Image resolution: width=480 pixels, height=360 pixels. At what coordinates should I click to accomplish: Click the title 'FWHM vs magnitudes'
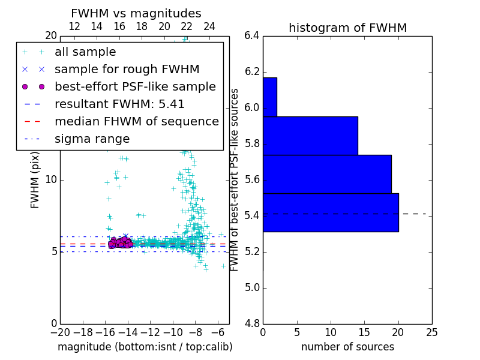(x=136, y=13)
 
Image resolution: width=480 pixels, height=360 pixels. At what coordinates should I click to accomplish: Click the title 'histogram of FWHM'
(x=347, y=28)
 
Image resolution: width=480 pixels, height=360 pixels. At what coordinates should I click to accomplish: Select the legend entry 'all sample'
(x=85, y=52)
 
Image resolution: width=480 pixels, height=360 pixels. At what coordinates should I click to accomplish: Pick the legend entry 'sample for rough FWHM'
(x=127, y=69)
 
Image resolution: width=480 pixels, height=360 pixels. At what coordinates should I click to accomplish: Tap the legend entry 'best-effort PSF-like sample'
(x=135, y=86)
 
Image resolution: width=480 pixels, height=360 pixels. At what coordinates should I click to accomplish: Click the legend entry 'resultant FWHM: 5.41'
(x=119, y=104)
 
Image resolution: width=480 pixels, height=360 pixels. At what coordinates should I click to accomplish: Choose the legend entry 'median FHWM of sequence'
(x=136, y=121)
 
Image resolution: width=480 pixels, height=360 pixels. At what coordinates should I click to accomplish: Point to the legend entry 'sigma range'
(x=92, y=139)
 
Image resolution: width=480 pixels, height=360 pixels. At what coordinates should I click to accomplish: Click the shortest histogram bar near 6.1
(x=269, y=97)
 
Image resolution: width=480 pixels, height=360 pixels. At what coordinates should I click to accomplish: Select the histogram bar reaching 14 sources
(x=310, y=136)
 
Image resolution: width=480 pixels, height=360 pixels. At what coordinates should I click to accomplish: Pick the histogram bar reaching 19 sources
(x=327, y=174)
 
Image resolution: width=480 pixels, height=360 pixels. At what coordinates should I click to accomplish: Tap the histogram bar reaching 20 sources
(x=331, y=212)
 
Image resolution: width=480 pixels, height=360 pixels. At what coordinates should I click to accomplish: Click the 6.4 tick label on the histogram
(x=252, y=36)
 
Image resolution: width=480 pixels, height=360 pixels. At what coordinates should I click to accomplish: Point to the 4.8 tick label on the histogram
(x=252, y=323)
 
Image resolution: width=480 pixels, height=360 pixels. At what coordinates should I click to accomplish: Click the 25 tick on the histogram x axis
(x=431, y=332)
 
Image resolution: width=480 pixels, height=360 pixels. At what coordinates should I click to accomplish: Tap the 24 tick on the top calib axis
(x=209, y=26)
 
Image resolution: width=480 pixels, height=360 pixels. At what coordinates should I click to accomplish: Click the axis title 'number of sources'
(x=347, y=347)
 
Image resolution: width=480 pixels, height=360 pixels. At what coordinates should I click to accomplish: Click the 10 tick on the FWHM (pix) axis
(x=51, y=179)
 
